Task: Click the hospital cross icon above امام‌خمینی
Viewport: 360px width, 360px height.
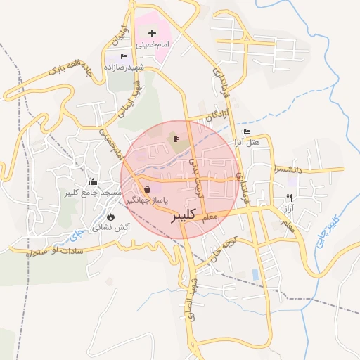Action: [x=152, y=33]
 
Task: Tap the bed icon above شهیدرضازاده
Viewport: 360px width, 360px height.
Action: [x=124, y=56]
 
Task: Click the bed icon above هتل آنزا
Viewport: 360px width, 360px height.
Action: [x=246, y=132]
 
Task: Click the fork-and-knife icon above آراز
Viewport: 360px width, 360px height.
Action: [x=288, y=198]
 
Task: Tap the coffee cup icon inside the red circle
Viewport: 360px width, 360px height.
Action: [x=176, y=138]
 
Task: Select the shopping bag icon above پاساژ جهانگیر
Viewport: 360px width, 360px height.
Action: [x=147, y=189]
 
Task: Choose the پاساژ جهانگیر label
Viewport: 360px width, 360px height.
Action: [x=149, y=200]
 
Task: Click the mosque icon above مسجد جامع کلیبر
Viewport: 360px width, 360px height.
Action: [x=92, y=182]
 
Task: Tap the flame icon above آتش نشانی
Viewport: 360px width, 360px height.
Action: [x=111, y=217]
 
